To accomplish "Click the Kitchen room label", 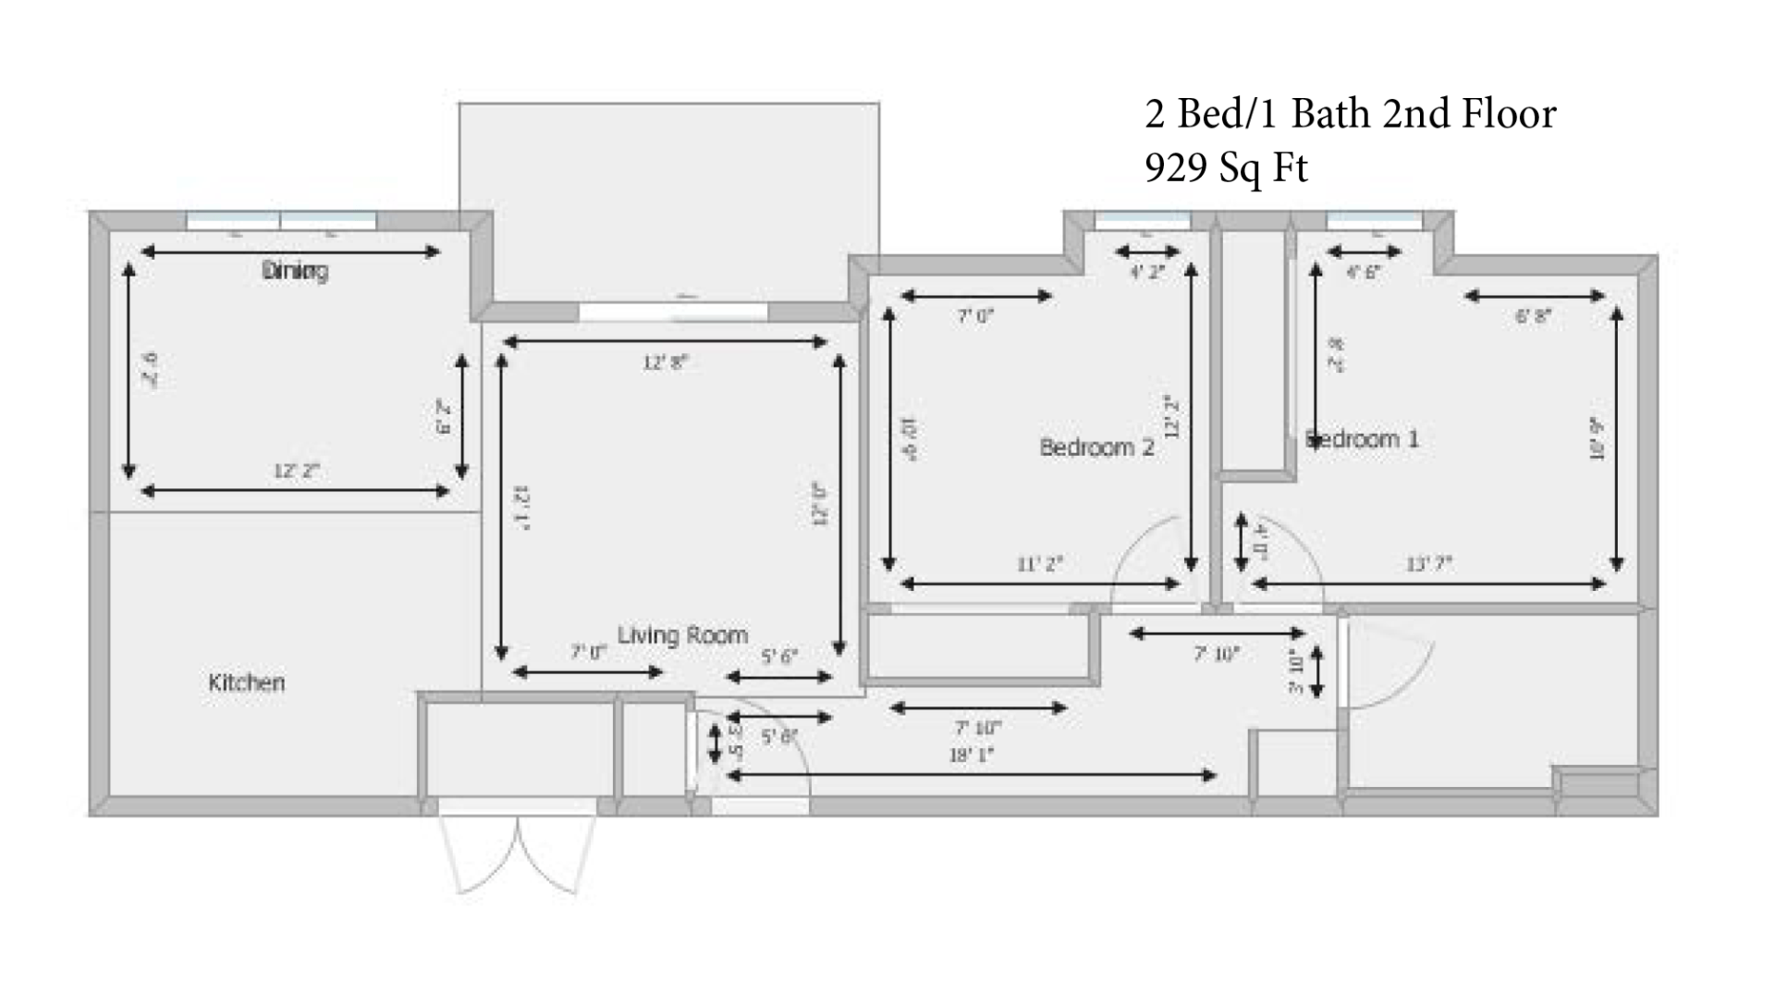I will click(246, 682).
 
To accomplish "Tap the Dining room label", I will click(295, 271).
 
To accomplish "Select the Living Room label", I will click(682, 635).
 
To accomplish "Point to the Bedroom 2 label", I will click(1096, 448).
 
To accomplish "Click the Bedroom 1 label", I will click(1362, 438).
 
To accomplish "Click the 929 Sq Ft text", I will click(1226, 167).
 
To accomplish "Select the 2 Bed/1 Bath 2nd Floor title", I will click(1350, 114).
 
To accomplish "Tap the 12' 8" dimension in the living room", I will click(666, 362).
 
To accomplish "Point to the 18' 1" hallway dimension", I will click(971, 756).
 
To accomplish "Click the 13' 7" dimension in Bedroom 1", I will click(1428, 563).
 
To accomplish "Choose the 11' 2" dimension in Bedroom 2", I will click(1040, 563).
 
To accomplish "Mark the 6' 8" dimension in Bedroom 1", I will click(1533, 316).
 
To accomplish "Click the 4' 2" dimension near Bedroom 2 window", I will click(1147, 272).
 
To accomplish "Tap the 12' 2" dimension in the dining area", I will click(296, 471).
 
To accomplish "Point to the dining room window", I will click(281, 220).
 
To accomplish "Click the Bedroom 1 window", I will click(1374, 220).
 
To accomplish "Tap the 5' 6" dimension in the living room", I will click(778, 657).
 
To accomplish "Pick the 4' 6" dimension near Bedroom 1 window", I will click(1363, 272).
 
